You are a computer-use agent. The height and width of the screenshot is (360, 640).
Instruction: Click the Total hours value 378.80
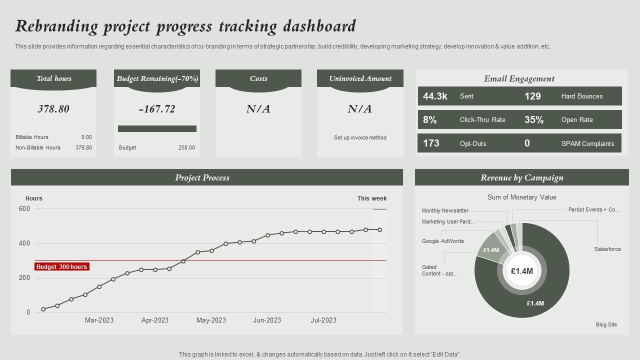(x=53, y=109)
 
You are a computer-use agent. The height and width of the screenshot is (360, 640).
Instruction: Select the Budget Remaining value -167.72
(x=156, y=109)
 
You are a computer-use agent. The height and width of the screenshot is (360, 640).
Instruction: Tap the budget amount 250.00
(x=186, y=147)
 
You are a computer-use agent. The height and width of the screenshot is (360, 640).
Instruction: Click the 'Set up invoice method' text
(x=360, y=137)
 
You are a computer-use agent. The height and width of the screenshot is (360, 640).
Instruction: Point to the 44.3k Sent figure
(x=435, y=96)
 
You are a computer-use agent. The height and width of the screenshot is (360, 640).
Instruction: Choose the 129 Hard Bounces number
(x=532, y=96)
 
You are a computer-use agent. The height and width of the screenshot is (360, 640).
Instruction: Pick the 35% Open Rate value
(x=533, y=120)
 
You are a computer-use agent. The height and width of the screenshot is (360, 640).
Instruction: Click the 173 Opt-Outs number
(x=431, y=143)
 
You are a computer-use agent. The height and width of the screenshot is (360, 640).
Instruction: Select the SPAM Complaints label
(x=587, y=143)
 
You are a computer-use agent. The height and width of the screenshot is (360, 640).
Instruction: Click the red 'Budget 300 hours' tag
(x=62, y=267)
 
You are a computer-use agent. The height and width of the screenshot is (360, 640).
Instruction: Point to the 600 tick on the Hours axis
(x=24, y=209)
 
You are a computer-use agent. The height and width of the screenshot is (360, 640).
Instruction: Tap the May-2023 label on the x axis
(x=211, y=320)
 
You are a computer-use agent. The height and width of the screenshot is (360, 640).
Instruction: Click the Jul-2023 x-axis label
(x=323, y=320)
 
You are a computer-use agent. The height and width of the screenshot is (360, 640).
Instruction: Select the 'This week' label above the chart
(x=372, y=198)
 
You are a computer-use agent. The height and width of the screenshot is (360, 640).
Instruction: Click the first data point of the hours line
(x=43, y=309)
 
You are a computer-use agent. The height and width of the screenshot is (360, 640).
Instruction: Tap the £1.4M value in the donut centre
(x=521, y=271)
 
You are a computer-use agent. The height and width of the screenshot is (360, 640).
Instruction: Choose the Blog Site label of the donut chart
(x=606, y=324)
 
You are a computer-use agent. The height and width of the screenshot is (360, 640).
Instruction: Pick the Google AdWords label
(x=442, y=241)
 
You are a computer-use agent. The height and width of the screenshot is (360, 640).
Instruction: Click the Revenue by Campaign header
(x=521, y=177)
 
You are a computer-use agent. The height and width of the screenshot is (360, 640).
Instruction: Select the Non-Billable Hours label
(x=38, y=147)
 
